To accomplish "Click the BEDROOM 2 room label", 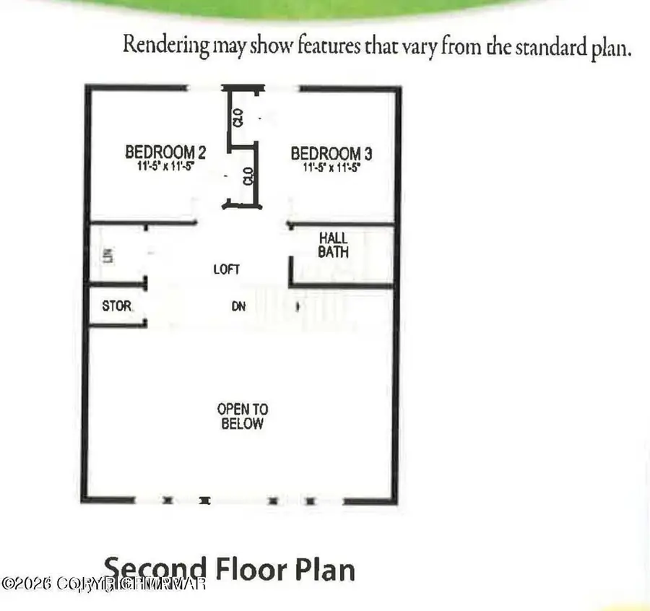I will [x=165, y=152].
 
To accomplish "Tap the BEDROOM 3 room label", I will [x=331, y=153].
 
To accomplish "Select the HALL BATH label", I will [x=334, y=245].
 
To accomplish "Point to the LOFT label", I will [x=227, y=269].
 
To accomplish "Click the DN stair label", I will [x=238, y=306].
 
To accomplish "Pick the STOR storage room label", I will [x=117, y=306].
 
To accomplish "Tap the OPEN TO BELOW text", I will [x=242, y=417].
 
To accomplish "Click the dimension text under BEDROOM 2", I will [x=165, y=166].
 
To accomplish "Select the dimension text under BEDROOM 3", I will [x=331, y=167].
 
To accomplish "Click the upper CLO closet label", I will [x=237, y=117].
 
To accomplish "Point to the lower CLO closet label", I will [x=248, y=176].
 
